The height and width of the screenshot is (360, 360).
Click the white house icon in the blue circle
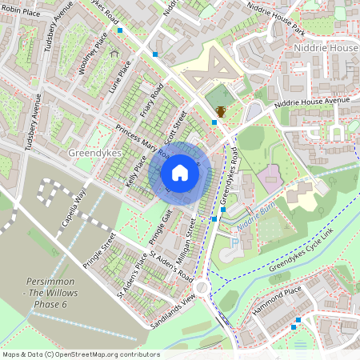point(180,173)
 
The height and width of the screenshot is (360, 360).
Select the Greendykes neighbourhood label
point(94,152)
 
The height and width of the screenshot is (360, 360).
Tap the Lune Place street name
point(123,78)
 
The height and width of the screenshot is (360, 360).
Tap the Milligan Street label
point(187,236)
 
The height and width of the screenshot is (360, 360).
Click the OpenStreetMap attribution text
point(81,354)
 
